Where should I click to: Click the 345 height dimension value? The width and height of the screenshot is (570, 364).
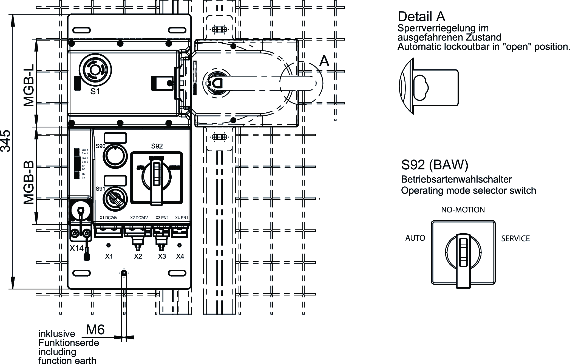[6, 141]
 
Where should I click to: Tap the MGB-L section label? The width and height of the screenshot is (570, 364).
[29, 85]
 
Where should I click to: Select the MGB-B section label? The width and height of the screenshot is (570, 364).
[29, 182]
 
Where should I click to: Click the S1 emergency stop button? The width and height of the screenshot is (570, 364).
[95, 70]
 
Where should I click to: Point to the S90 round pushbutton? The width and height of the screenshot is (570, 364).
[115, 156]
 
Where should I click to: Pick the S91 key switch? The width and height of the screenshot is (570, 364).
[115, 199]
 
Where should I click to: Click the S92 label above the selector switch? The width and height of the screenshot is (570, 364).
[157, 146]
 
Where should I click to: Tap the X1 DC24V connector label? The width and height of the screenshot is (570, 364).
[109, 218]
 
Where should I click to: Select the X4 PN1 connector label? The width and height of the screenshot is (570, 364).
[182, 218]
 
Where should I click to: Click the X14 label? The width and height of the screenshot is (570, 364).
[76, 248]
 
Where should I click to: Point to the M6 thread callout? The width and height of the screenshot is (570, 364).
[95, 330]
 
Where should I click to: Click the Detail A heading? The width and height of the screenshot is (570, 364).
[421, 16]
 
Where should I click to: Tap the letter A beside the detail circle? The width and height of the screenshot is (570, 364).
[324, 61]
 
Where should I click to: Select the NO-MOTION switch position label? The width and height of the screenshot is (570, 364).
[463, 210]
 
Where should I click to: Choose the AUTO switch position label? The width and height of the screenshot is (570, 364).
[415, 238]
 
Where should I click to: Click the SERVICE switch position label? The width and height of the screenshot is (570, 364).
[515, 238]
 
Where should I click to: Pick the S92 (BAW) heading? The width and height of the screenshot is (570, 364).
[435, 165]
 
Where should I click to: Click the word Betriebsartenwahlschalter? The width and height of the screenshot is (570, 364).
[456, 180]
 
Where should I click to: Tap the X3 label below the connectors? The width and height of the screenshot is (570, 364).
[162, 257]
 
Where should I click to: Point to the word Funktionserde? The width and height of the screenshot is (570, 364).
[69, 343]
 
